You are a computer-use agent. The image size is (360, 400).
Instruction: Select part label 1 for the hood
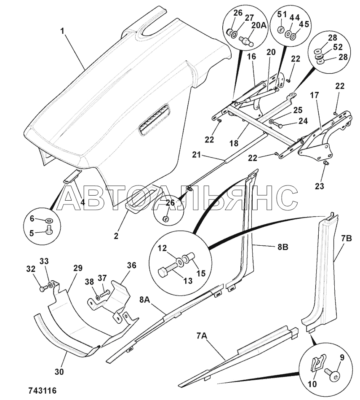click(x=63, y=31)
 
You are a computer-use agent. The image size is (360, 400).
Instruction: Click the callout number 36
click(x=131, y=266)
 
